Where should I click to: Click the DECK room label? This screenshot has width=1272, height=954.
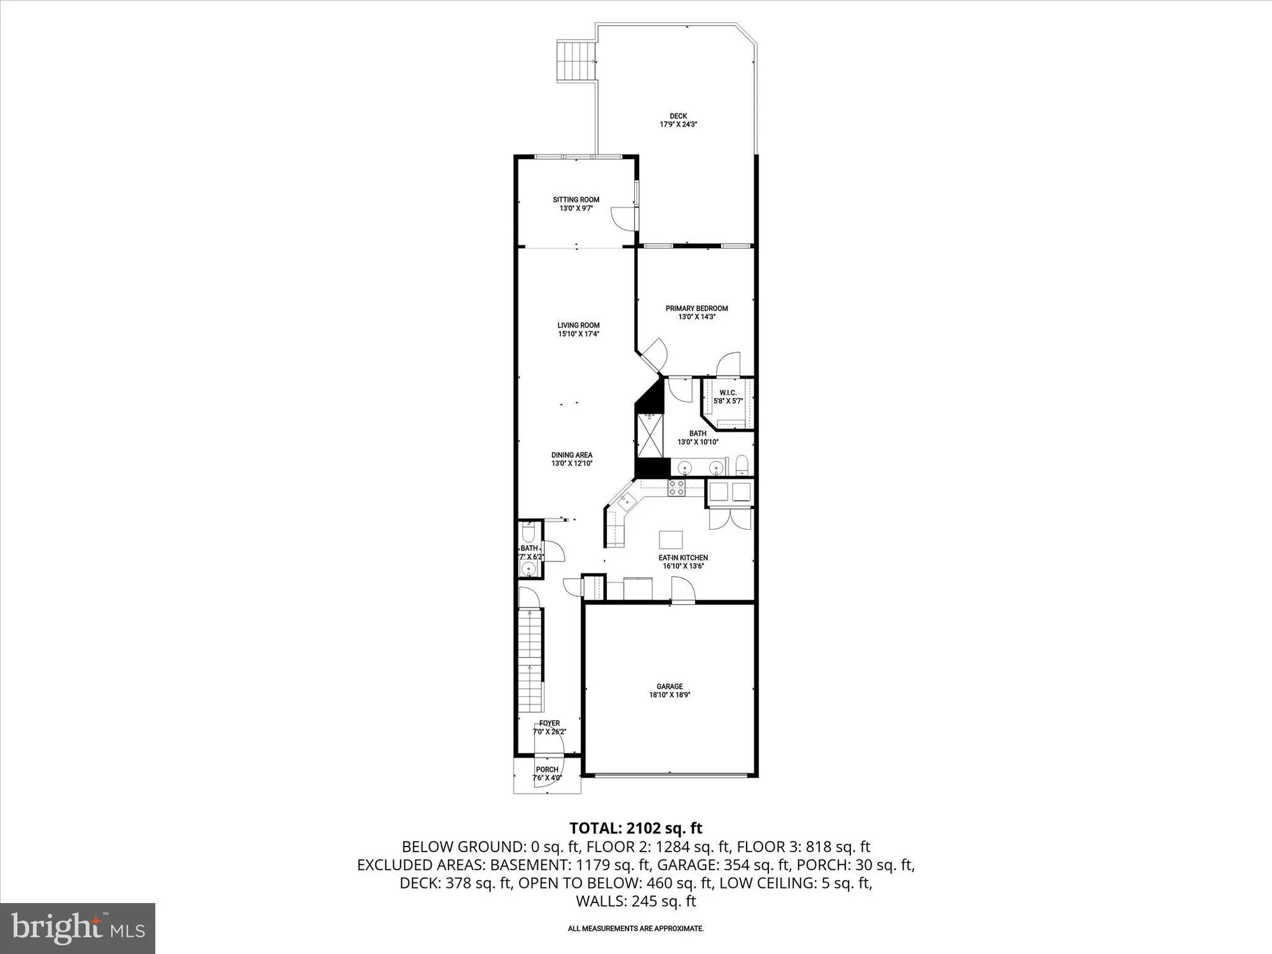point(678,116)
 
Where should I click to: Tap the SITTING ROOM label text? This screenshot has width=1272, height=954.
point(576,200)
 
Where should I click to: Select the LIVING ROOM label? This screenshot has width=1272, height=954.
point(578,326)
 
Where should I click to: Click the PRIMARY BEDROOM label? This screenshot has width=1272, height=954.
point(696,308)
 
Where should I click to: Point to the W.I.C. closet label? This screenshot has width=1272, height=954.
point(728,393)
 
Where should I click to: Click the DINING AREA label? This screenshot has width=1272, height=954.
point(572,455)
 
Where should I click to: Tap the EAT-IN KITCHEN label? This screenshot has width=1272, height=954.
point(683,558)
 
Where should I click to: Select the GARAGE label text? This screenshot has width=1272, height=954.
point(670,686)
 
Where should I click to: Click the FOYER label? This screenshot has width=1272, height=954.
point(550,723)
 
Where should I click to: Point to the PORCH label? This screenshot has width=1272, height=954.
point(547,770)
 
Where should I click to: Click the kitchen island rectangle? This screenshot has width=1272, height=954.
point(670,539)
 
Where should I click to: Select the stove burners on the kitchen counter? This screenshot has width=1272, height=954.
point(676,488)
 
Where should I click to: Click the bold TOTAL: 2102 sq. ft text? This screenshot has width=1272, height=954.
point(635,828)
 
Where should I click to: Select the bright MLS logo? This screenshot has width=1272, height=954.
point(77,928)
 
